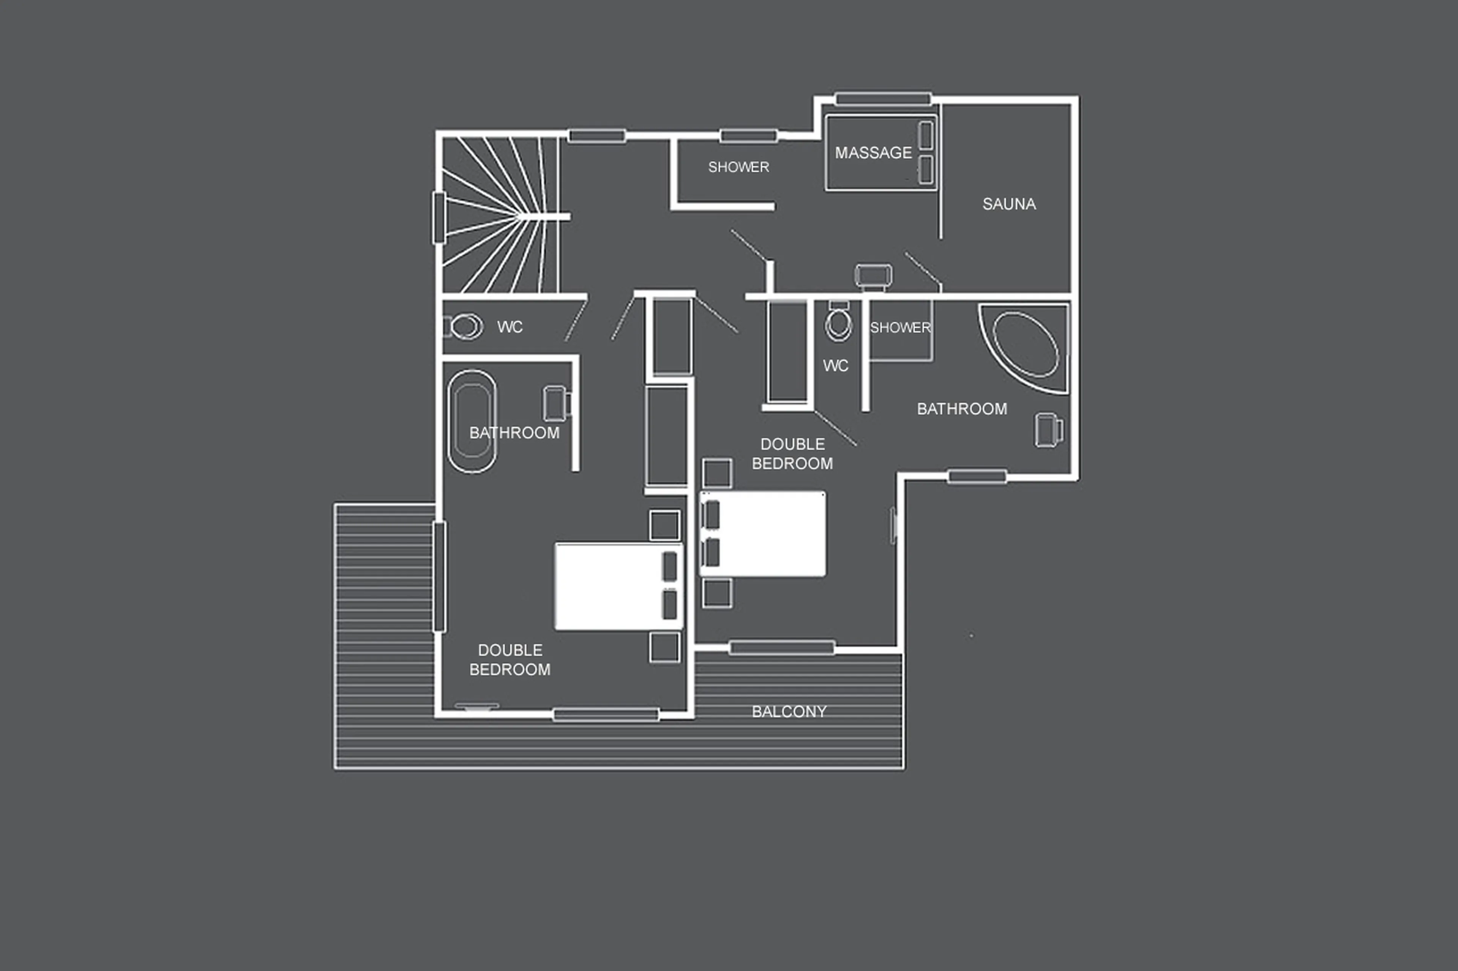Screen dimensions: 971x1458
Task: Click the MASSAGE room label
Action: click(x=873, y=153)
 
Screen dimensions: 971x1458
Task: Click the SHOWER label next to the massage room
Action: click(x=738, y=167)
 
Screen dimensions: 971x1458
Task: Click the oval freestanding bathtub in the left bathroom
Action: click(x=472, y=421)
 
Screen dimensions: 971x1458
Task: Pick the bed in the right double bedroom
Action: click(x=763, y=534)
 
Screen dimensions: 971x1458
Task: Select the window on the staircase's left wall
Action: click(x=439, y=217)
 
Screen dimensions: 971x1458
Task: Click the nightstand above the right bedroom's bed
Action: click(x=717, y=473)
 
